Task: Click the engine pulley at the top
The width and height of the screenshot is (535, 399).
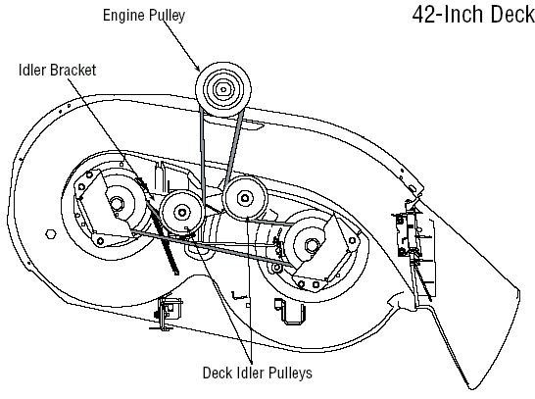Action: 223,89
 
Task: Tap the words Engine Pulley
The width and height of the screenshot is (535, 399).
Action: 144,16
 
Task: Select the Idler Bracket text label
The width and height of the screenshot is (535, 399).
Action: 57,70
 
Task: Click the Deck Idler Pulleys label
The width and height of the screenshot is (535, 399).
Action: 258,374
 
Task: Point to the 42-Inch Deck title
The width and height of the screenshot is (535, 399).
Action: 473,15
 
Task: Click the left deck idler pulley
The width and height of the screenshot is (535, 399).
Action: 182,213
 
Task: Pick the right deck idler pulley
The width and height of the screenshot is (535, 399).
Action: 244,198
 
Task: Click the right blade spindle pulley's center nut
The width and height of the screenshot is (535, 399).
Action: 310,246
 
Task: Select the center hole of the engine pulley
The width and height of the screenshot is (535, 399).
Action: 223,90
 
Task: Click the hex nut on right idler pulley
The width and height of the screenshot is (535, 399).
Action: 244,198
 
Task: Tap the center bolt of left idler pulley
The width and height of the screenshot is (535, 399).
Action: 182,213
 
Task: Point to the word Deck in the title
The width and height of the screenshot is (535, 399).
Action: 512,15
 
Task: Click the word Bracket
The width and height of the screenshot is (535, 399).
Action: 73,70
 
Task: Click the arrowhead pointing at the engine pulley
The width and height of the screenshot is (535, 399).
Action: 197,68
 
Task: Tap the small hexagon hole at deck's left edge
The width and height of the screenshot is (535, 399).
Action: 51,234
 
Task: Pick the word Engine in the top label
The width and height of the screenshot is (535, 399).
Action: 124,16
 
